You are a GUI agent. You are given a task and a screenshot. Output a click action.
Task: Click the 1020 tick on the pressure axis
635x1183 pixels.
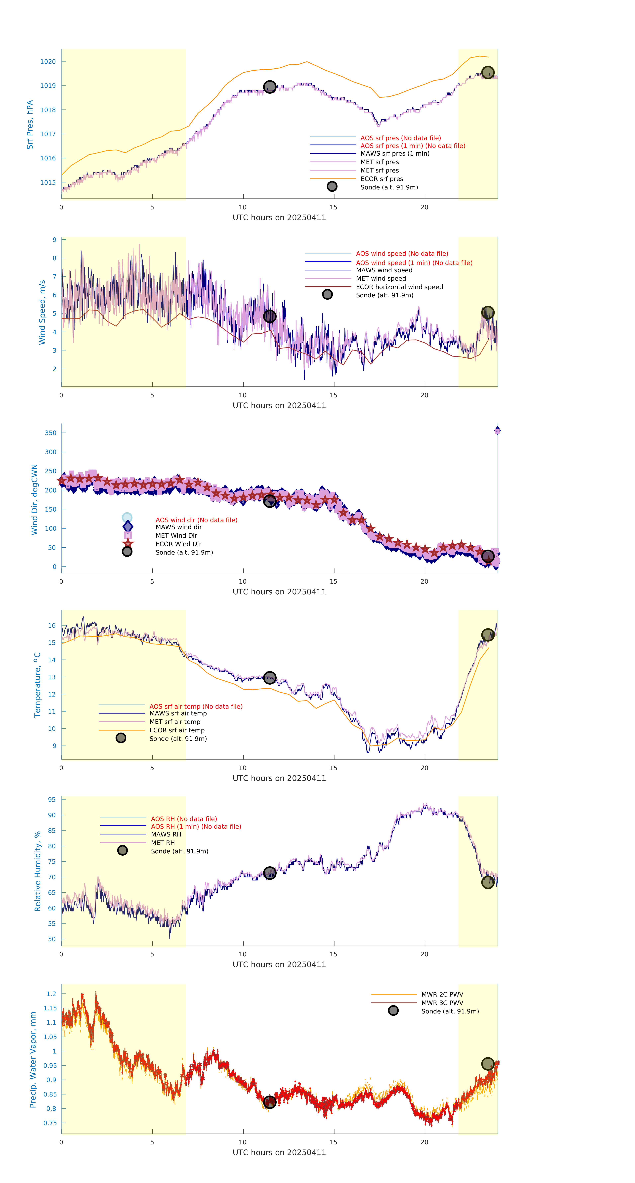pos(48,62)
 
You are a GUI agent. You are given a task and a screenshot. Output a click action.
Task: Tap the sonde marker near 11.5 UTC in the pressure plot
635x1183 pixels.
pos(269,87)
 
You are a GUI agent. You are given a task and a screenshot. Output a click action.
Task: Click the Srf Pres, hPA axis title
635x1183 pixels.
pos(30,125)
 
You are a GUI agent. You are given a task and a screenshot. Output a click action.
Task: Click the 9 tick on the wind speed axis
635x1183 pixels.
pos(54,240)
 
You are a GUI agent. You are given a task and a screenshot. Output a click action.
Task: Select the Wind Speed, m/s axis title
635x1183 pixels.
pos(42,312)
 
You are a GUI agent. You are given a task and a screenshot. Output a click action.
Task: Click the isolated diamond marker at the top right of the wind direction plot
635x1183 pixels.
pos(497,430)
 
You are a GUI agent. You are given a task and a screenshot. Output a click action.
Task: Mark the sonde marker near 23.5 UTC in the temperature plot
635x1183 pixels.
pos(488,635)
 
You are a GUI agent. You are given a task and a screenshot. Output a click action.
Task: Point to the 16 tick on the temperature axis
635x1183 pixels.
pos(52,625)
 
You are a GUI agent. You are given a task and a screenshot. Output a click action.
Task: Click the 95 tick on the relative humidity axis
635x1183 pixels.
pos(52,799)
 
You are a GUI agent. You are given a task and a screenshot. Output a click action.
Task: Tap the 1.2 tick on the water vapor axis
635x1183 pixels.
pos(51,994)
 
